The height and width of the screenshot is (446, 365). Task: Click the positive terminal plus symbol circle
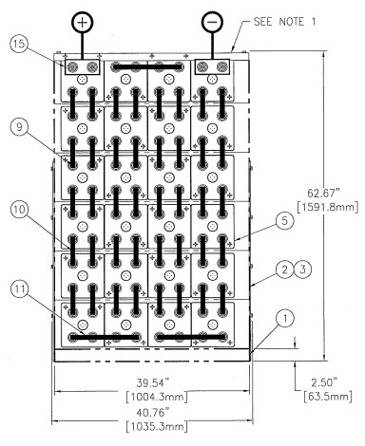[83, 23]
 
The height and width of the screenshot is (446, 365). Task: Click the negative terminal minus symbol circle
[212, 23]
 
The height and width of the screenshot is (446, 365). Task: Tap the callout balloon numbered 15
[19, 44]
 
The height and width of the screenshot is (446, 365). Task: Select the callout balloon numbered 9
[19, 127]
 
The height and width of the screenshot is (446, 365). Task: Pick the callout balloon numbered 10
[19, 210]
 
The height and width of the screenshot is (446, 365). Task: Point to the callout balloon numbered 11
[19, 288]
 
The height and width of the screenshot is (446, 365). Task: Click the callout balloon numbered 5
[284, 220]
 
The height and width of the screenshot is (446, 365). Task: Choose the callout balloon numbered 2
[284, 269]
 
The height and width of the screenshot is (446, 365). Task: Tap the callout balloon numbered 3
[303, 269]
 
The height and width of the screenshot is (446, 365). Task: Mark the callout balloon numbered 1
[284, 319]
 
